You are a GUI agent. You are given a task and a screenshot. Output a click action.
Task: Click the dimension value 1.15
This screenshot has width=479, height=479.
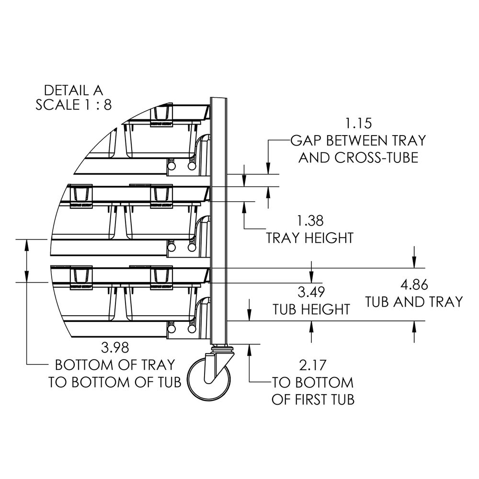[x=358, y=123]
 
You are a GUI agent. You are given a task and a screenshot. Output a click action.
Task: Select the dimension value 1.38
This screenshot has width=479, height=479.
[x=310, y=221]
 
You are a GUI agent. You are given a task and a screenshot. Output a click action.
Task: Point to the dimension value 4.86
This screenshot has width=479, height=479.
[x=414, y=285]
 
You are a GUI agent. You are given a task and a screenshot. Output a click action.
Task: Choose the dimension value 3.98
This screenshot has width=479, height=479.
[x=115, y=347]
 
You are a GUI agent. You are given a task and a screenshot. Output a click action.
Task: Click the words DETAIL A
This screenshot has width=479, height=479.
[x=73, y=90]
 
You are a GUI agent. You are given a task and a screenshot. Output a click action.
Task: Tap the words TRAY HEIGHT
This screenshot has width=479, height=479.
[x=310, y=238]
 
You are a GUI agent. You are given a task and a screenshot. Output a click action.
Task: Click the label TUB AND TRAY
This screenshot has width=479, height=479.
[x=414, y=302]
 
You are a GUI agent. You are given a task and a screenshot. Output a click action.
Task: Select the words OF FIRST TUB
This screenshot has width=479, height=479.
[x=313, y=399]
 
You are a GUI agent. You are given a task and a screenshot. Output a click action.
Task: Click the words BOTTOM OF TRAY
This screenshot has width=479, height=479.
[x=115, y=365]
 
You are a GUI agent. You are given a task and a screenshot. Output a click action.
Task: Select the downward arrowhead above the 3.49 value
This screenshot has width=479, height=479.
[x=312, y=277]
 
